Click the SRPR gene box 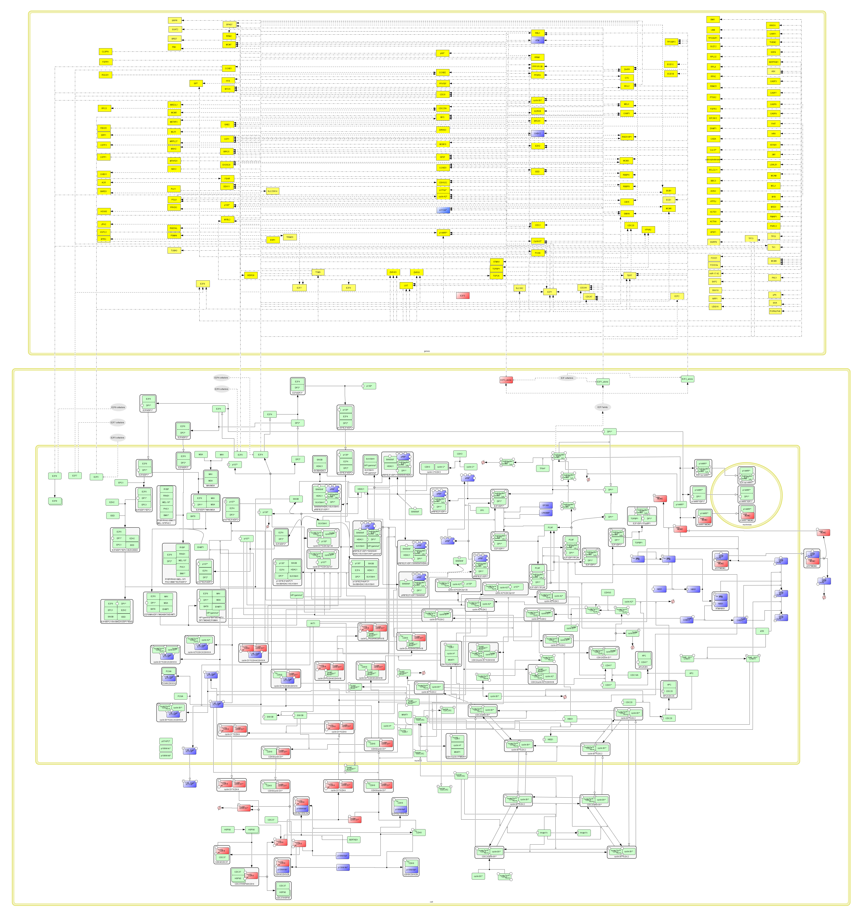[174, 20]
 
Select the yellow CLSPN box [105, 52]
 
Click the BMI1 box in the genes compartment [713, 19]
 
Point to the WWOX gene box [772, 25]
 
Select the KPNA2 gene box [648, 229]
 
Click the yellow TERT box [629, 276]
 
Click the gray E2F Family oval [602, 407]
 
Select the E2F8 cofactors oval [118, 407]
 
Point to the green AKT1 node [313, 623]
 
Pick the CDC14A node [634, 675]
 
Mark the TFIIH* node [543, 468]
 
